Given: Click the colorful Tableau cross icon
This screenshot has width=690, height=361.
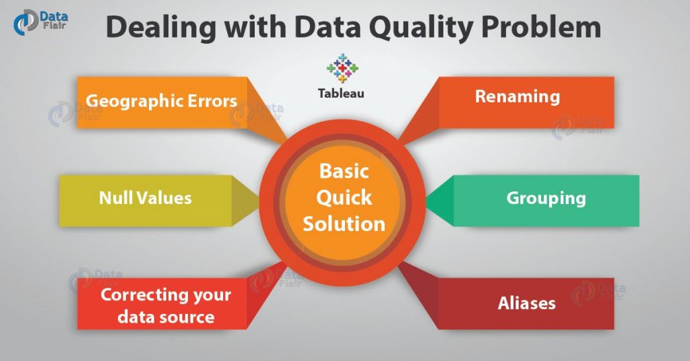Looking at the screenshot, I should pyautogui.click(x=341, y=68).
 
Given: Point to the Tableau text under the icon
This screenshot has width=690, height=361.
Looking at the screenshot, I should pyautogui.click(x=341, y=94).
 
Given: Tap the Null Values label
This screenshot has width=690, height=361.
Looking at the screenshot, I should pyautogui.click(x=145, y=198).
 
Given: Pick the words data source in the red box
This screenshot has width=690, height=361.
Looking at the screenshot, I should pyautogui.click(x=166, y=317).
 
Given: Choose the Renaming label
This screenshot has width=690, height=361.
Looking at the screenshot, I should pyautogui.click(x=517, y=96).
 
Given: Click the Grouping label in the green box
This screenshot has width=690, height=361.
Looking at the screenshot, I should pyautogui.click(x=546, y=199).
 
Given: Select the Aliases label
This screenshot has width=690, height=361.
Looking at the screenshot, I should pyautogui.click(x=526, y=303).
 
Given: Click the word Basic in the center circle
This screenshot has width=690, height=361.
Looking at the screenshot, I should pyautogui.click(x=344, y=171).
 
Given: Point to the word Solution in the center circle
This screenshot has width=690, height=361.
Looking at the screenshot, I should pyautogui.click(x=344, y=223).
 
